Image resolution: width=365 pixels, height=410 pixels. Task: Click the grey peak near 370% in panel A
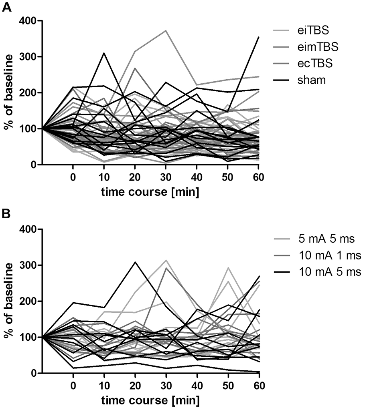click(166, 30)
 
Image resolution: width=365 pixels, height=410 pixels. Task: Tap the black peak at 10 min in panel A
click(104, 53)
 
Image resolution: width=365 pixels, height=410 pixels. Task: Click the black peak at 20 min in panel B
click(135, 262)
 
